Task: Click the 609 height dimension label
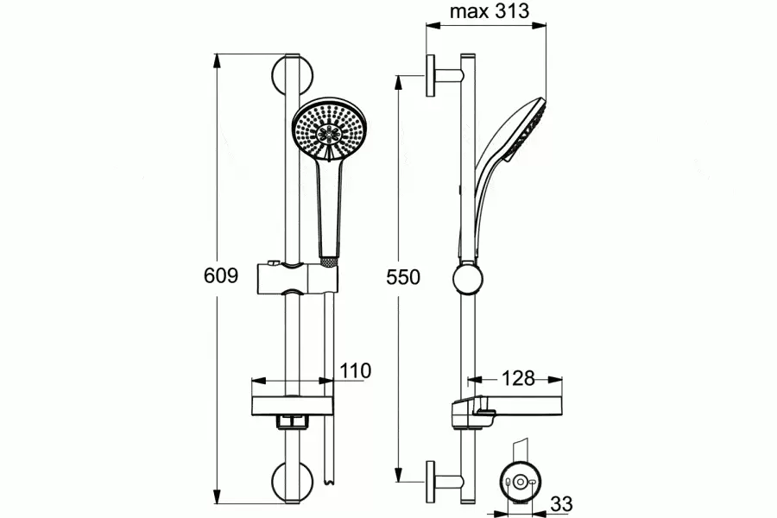click(221, 275)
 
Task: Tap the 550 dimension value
click(403, 277)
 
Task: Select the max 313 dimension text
click(490, 11)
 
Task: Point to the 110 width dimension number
click(356, 370)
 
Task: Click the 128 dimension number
click(518, 379)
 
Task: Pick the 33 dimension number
click(561, 504)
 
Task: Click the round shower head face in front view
click(329, 129)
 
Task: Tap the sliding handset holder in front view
click(297, 279)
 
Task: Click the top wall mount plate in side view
click(430, 75)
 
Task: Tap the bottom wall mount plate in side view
click(430, 482)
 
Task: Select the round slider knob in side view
click(467, 280)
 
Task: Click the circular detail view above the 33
click(520, 482)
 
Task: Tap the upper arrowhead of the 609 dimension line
click(217, 61)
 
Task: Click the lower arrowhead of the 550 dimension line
click(398, 474)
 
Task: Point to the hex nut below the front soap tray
click(293, 421)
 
